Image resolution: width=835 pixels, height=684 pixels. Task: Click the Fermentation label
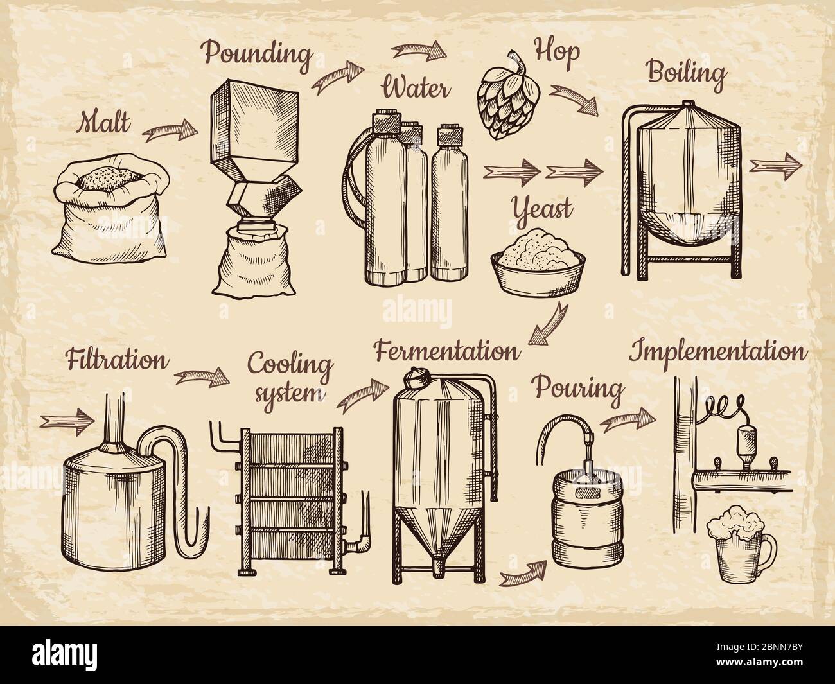click(447, 351)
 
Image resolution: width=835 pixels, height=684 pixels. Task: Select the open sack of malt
click(110, 209)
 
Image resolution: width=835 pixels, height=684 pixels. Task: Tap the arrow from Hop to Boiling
click(574, 100)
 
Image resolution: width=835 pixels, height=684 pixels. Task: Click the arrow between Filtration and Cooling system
click(202, 377)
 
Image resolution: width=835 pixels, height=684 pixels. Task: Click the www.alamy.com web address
click(759, 662)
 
